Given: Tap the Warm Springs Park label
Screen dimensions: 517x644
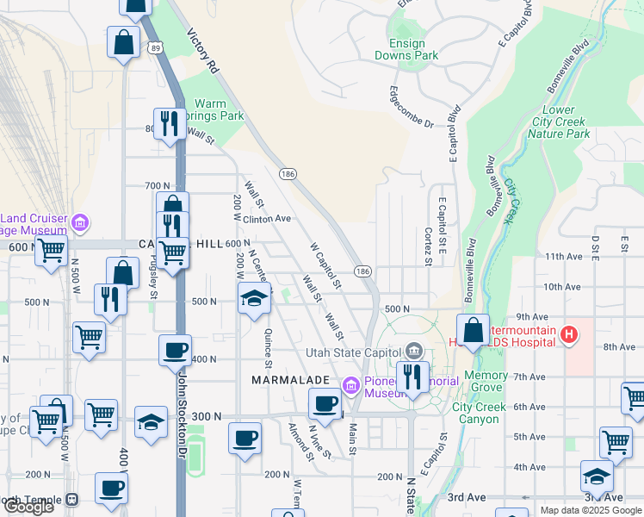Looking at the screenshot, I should click(x=220, y=109).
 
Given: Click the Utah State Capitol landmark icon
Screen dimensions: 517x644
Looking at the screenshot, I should click(x=414, y=352).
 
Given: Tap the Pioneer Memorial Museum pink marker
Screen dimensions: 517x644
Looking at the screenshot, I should click(x=350, y=385).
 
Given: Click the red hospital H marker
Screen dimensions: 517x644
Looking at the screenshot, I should click(x=567, y=334).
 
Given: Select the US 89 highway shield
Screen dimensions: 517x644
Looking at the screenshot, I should click(x=152, y=49).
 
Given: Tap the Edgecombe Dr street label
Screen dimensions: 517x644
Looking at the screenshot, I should click(x=411, y=107).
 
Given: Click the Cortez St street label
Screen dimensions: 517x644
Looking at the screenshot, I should click(x=428, y=246).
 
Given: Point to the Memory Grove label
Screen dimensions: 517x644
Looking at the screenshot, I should click(x=486, y=381).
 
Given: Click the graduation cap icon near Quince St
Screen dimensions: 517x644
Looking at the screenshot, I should click(x=254, y=298).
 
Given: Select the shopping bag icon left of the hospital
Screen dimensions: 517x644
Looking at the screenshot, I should click(x=473, y=329).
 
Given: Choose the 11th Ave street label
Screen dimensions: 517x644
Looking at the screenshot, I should click(x=564, y=257).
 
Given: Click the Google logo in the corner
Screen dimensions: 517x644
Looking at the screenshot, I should click(x=28, y=507).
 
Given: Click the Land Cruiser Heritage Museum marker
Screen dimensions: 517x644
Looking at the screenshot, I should click(x=79, y=224).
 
